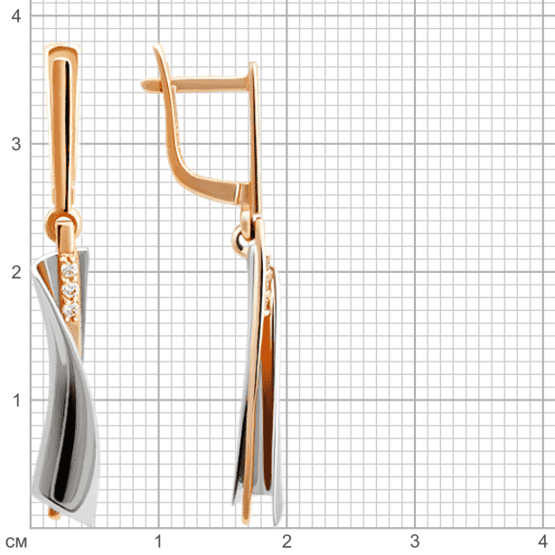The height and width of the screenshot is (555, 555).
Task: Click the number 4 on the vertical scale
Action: [16, 16]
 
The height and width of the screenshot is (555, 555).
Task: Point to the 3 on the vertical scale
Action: [16, 144]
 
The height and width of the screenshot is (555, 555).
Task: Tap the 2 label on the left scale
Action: [16, 272]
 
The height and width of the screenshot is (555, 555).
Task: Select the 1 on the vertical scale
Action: [16, 400]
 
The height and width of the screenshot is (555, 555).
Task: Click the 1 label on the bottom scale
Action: [158, 541]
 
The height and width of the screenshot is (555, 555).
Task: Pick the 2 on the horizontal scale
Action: [287, 541]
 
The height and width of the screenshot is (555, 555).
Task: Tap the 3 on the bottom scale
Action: [415, 541]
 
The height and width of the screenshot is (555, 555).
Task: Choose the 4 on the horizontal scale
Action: [543, 541]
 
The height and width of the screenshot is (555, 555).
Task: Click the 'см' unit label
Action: [16, 542]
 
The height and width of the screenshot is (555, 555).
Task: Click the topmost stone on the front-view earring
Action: [69, 271]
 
